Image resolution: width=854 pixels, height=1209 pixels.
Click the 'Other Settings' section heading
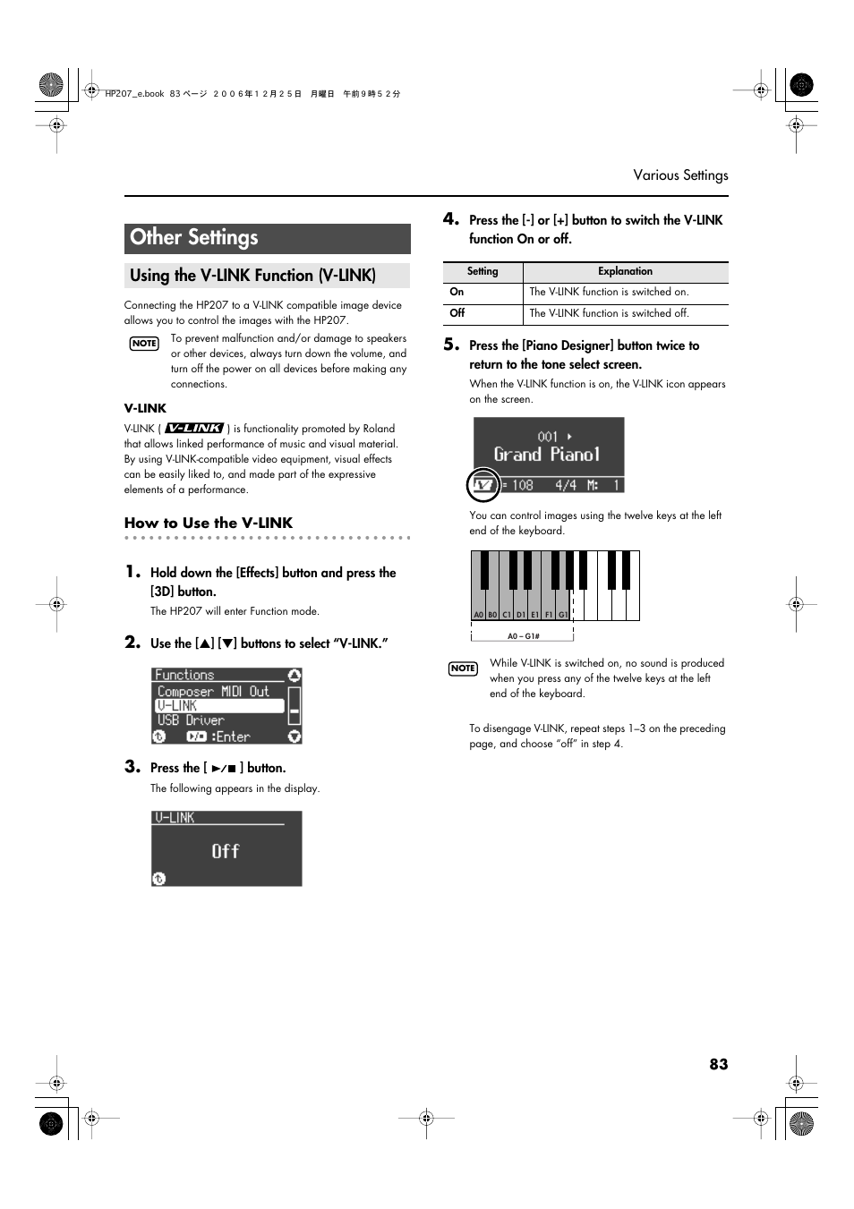click(x=194, y=238)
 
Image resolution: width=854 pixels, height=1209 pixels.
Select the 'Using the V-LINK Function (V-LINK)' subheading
click(x=252, y=276)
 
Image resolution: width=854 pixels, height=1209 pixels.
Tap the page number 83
click(x=718, y=1064)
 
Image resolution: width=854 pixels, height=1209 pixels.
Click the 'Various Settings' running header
click(x=680, y=175)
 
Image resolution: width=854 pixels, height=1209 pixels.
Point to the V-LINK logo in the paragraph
click(x=194, y=429)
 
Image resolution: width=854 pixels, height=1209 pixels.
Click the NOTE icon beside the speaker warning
click(x=144, y=344)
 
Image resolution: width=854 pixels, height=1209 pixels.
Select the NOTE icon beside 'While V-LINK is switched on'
click(x=463, y=668)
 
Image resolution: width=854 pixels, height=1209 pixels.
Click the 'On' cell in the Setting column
click(x=457, y=292)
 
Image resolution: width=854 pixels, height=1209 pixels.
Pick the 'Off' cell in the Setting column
click(x=457, y=313)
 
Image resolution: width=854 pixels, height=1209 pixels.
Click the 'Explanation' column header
click(x=625, y=271)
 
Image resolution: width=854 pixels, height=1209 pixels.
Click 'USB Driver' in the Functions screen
click(x=191, y=720)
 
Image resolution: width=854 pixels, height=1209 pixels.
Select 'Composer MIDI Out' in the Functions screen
click(x=213, y=691)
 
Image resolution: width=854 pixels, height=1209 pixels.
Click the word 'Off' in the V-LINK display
click(x=226, y=851)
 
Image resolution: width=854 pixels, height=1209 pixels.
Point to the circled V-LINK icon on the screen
click(x=483, y=485)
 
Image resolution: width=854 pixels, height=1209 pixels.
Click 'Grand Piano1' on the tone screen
click(x=546, y=455)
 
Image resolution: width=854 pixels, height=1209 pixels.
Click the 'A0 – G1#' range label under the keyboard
click(x=523, y=636)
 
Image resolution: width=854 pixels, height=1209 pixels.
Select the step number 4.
click(x=451, y=219)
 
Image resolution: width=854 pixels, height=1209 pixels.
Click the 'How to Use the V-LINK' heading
click(x=209, y=523)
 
